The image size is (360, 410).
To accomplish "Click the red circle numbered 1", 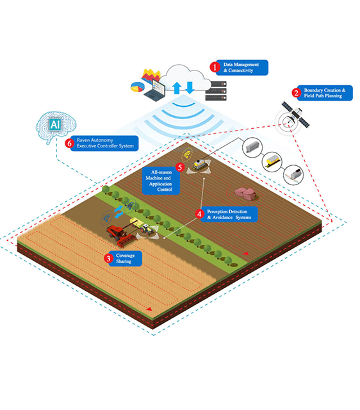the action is coord(215,67).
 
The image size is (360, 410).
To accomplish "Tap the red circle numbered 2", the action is coord(296,93).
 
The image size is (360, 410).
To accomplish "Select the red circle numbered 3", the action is coord(108,258).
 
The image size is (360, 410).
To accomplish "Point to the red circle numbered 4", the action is coord(199,214).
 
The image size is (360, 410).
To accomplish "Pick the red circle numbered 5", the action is coord(180,167).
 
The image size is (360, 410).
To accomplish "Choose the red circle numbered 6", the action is coord(70,143).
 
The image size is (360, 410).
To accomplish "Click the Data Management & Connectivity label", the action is coord(242,67).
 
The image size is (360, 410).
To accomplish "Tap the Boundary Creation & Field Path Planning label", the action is coord(325,93).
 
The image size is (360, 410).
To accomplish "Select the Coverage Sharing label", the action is coord(125,259).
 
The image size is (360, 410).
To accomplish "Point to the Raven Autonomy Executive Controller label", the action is coord(104,143).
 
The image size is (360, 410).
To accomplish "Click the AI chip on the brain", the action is coord(55,124).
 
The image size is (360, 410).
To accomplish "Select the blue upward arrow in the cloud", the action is coord(177,88).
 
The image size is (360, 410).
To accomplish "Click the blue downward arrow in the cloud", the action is coord(190,88).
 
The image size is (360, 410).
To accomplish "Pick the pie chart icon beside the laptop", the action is coord(137,87).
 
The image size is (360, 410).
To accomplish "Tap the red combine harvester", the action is coord(122,236).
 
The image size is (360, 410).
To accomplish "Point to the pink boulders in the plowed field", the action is coord(245,193).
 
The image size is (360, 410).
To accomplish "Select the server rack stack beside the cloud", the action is coord(216,91).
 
